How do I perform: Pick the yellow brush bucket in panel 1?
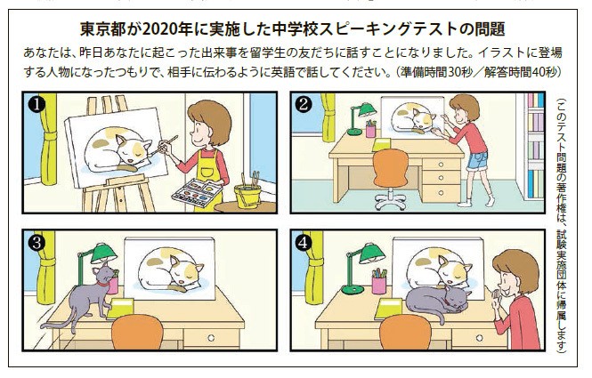pos(247,193)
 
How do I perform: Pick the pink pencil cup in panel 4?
pos(379,283)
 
